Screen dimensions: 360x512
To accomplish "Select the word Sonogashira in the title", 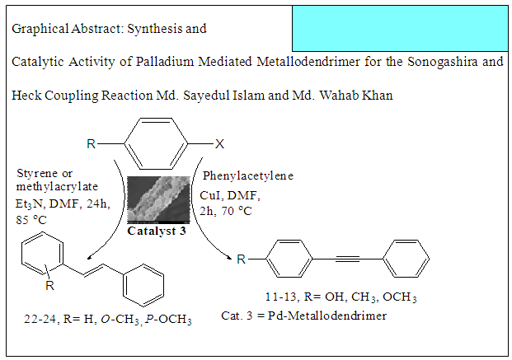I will point(447,63).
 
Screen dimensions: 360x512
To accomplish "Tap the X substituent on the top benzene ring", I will point(219,144).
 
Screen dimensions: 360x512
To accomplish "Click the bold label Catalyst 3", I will point(157,231).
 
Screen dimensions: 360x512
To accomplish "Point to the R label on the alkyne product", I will point(241,259).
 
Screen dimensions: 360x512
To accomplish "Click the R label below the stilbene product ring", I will point(50,285).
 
